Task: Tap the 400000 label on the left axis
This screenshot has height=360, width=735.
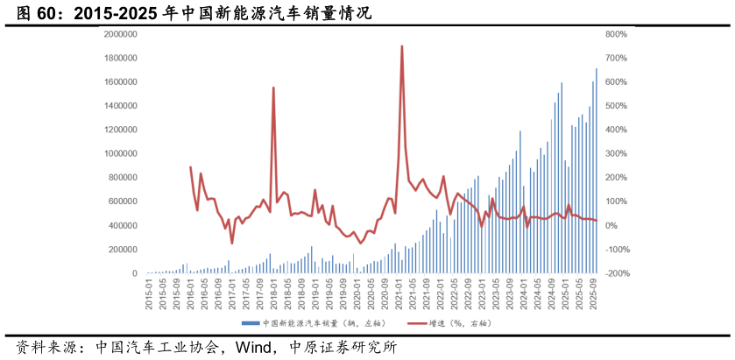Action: pos(124,226)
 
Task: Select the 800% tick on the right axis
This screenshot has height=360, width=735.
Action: pos(615,34)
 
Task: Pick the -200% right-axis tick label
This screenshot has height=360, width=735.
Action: pos(617,274)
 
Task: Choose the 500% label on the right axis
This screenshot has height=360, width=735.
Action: pos(615,106)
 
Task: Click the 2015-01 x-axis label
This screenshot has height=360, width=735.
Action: pos(150,292)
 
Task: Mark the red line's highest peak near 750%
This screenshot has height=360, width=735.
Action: pos(401,46)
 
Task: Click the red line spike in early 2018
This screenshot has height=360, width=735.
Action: pos(273,88)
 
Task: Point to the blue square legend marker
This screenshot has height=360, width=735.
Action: pos(244,323)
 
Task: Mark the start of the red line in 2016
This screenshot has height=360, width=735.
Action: pos(190,167)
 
